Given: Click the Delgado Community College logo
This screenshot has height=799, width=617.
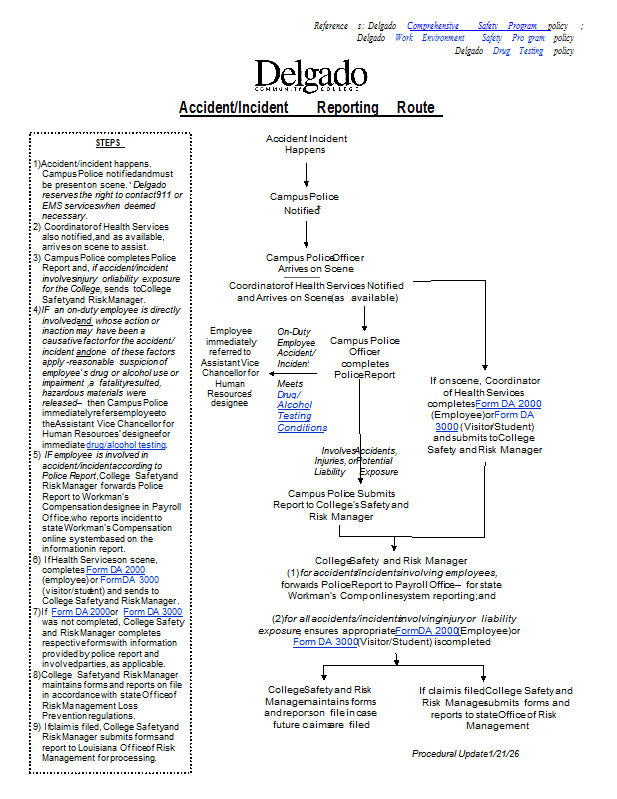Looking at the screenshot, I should click(310, 78).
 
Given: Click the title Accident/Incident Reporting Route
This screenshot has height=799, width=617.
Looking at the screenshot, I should click(307, 108).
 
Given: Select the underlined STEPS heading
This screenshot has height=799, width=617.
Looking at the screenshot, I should click(108, 143).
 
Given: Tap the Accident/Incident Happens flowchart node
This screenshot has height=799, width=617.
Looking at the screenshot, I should click(306, 143).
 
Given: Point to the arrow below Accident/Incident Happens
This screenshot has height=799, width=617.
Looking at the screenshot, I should click(307, 173).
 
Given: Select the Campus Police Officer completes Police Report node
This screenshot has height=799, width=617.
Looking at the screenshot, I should click(365, 357).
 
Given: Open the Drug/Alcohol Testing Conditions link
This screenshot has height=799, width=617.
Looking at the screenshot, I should click(302, 411).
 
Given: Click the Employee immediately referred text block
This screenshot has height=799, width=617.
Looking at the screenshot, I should click(230, 367).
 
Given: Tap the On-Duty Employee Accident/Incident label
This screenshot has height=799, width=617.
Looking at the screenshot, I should click(297, 347).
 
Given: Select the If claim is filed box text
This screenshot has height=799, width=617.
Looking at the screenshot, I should click(496, 707).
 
